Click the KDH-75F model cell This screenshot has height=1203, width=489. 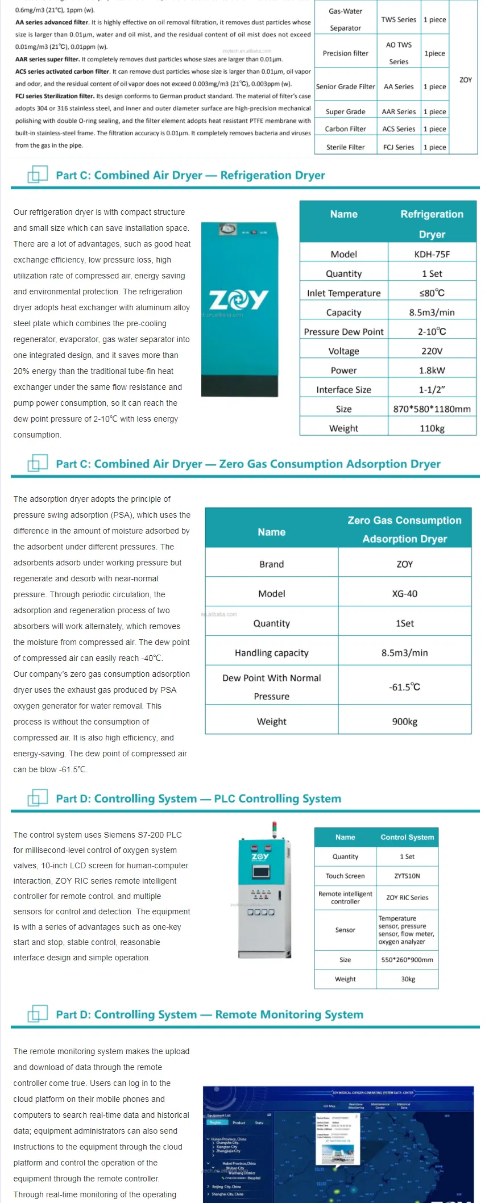432,254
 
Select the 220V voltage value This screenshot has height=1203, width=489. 432,351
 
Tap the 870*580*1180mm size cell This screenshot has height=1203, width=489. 432,409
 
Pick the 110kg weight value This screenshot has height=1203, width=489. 432,428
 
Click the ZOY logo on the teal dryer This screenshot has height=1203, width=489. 239,299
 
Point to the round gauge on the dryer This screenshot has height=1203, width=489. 228,230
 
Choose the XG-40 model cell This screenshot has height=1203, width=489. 404,593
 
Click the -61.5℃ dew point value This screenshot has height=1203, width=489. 404,686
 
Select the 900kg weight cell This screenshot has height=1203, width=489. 404,721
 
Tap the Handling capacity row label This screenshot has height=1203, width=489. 271,653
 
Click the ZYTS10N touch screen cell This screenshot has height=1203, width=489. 407,876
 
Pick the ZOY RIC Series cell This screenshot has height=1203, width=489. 407,897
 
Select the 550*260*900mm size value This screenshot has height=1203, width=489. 407,959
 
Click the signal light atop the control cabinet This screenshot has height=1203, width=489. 274,829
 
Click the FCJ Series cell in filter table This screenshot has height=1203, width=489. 399,147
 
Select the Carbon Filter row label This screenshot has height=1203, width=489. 345,129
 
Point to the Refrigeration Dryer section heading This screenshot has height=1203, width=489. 190,175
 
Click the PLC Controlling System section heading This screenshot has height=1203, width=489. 198,798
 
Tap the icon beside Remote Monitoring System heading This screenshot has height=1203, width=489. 38,1014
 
